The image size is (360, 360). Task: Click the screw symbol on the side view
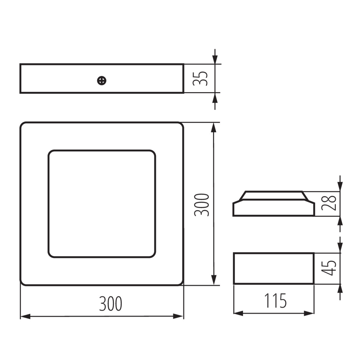pyautogui.click(x=102, y=81)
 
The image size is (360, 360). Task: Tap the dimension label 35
pyautogui.click(x=200, y=79)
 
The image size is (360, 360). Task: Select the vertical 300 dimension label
pyautogui.click(x=201, y=205)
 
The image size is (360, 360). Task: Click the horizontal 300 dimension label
pyautogui.click(x=111, y=304)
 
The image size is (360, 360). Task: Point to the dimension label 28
pyautogui.click(x=329, y=203)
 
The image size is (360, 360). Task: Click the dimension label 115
pyautogui.click(x=276, y=301)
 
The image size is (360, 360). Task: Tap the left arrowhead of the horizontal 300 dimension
pyautogui.click(x=25, y=316)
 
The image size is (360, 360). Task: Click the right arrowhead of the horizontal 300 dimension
pyautogui.click(x=178, y=316)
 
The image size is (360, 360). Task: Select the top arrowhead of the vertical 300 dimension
pyautogui.click(x=214, y=128)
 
